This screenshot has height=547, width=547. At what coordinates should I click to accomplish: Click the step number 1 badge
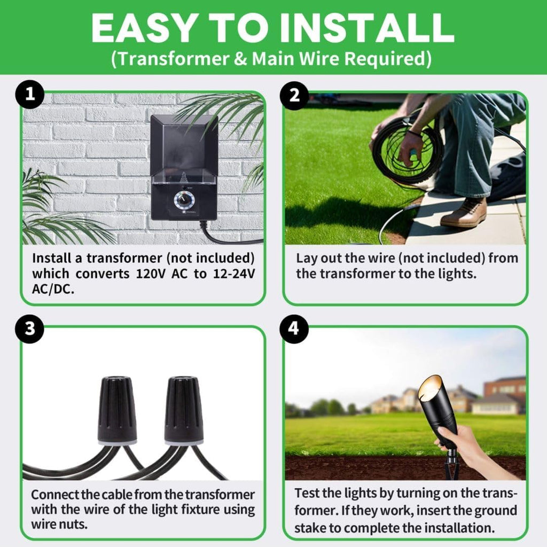[30, 95]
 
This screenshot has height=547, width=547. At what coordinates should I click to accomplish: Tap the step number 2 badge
[294, 95]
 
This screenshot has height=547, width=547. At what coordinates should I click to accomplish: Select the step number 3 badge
[30, 329]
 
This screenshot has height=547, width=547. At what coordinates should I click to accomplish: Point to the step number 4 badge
[294, 329]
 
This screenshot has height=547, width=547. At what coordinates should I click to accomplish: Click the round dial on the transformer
[184, 200]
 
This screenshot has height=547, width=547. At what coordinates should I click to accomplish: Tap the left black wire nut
[117, 410]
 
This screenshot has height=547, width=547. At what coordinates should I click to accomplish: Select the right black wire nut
[184, 410]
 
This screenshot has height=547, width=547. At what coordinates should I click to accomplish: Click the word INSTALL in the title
[367, 28]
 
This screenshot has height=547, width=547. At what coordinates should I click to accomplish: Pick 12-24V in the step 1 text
[234, 274]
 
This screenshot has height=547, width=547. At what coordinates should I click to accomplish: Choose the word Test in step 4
[307, 493]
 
